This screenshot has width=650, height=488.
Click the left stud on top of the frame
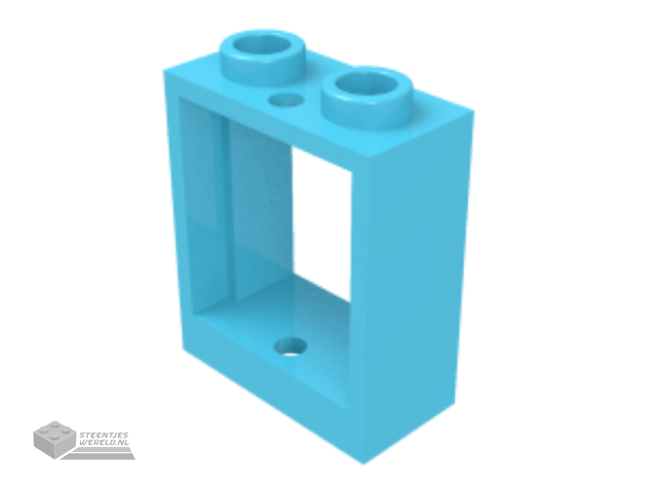(x=264, y=58)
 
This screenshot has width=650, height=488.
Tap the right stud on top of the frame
(x=368, y=97)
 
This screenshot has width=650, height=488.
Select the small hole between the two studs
(x=285, y=100)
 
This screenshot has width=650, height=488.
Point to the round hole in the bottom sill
(x=292, y=347)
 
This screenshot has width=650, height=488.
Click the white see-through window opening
(x=321, y=224)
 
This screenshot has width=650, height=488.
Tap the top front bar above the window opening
(x=265, y=120)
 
